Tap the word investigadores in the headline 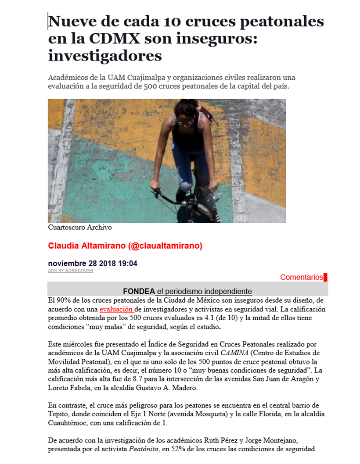coord(105,56)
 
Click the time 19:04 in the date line coord(126,264)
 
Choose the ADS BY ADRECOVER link coord(70,271)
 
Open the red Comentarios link coord(302,277)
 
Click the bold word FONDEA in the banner coord(139,291)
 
